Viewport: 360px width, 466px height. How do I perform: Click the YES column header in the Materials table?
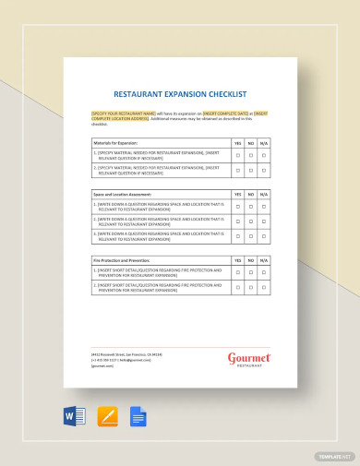click(x=238, y=143)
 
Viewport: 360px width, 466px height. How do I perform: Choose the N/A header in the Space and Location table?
click(x=264, y=195)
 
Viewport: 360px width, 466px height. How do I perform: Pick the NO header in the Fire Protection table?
click(x=251, y=261)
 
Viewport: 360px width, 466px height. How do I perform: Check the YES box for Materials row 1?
click(x=238, y=157)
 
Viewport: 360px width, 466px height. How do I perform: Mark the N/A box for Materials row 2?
click(x=264, y=172)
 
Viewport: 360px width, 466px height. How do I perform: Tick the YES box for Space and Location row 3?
click(x=238, y=237)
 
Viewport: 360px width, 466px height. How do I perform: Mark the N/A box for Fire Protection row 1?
click(x=264, y=274)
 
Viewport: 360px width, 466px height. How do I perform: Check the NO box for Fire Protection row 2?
click(x=251, y=289)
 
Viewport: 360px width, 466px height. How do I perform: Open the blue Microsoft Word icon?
click(x=76, y=416)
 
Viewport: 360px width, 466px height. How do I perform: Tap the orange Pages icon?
click(x=107, y=416)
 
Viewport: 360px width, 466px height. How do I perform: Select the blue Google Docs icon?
click(x=138, y=416)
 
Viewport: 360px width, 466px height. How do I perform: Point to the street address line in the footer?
click(x=126, y=354)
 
